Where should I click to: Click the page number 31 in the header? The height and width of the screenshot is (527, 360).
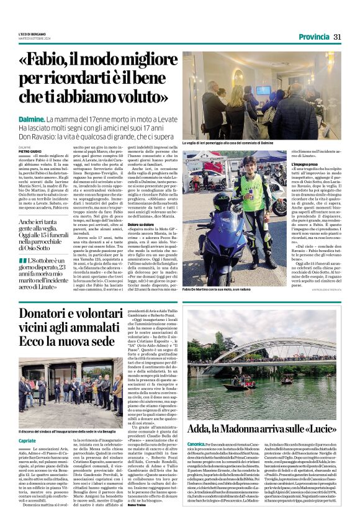click(338, 37)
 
